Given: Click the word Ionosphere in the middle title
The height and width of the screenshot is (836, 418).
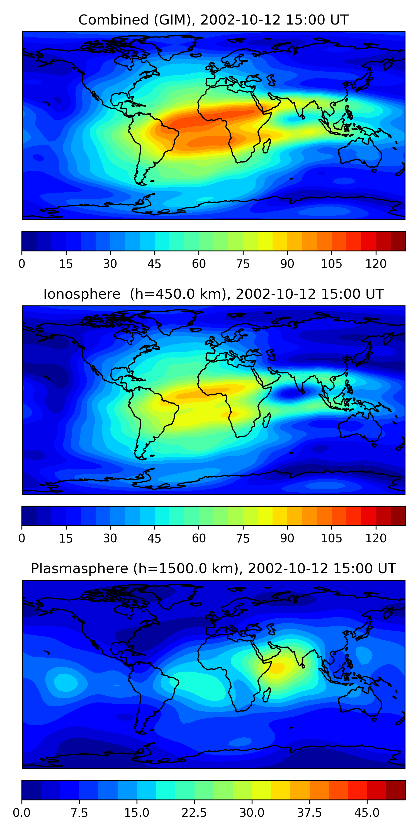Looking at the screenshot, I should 82,294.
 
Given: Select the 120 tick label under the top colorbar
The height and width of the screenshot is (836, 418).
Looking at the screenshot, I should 376,264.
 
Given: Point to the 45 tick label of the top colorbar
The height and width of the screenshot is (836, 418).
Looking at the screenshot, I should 154,264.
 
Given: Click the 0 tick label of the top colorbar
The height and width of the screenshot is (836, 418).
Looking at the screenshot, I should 22,264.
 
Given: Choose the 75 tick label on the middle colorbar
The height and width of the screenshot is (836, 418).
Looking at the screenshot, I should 243,538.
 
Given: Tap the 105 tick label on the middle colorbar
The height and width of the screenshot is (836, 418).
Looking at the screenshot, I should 331,538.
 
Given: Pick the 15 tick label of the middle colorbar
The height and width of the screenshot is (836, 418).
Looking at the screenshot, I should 66,538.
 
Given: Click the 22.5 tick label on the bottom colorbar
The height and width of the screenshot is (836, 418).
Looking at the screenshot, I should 194,813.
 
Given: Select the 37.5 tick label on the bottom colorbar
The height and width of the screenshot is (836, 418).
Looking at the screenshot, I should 309,813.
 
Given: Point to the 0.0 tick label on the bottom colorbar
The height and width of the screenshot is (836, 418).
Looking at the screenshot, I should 22,813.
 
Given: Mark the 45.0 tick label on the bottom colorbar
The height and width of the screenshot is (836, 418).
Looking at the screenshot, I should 367,813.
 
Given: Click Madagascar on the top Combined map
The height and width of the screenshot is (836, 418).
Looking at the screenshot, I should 267,146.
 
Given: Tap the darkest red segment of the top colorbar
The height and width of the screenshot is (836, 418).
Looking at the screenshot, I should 398,241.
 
